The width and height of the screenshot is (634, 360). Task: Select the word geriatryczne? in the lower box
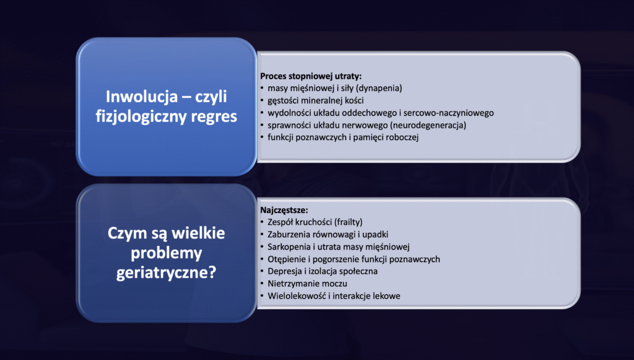tap(166, 272)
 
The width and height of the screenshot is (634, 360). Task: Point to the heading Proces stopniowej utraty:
tap(311, 76)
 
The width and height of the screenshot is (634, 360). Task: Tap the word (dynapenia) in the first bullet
tap(379, 88)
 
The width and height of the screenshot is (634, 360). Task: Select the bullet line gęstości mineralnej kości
tap(315, 100)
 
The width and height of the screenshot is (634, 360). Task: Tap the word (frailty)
tap(349, 222)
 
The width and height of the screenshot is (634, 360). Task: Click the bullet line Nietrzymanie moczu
tap(307, 284)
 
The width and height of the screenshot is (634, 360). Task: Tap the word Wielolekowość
tap(297, 296)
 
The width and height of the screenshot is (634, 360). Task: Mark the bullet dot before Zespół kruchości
tap(263, 222)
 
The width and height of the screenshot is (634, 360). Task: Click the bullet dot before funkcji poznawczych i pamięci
tap(263, 137)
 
